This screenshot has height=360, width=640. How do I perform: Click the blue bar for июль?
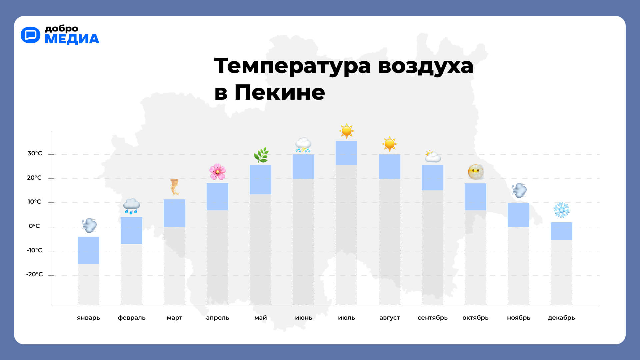[346, 153]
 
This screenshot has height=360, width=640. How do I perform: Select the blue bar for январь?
[88, 250]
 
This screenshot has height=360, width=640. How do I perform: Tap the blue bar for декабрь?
[561, 231]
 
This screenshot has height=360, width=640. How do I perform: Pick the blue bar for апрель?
[217, 196]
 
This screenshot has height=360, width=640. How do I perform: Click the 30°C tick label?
[35, 153]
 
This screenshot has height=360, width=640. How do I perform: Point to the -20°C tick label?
[34, 274]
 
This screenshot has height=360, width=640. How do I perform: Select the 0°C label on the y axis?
[34, 226]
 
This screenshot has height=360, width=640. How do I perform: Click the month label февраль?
[132, 318]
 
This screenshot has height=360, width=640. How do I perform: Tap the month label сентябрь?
[432, 318]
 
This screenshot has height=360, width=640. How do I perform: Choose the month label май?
[261, 318]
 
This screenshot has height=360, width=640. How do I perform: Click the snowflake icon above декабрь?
[561, 210]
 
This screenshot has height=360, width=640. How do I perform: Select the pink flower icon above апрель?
[217, 172]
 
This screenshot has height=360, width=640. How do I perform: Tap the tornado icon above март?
[174, 187]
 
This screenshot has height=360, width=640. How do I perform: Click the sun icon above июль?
[346, 131]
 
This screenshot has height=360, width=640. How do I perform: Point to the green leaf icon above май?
[261, 155]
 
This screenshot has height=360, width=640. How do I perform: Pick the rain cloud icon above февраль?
[131, 206]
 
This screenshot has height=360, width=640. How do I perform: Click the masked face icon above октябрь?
[475, 172]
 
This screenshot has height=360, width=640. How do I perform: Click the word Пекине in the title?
[279, 92]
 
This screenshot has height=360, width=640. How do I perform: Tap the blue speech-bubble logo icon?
[30, 35]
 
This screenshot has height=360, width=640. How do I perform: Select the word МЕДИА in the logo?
[72, 39]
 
